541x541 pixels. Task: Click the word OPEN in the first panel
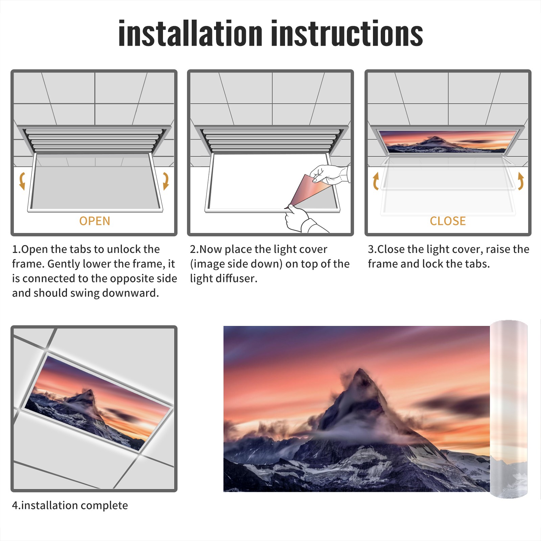pos(95,221)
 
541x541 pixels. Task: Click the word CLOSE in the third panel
pos(448,221)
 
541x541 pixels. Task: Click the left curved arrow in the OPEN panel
pos(21,181)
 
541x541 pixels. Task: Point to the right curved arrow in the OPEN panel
pos(166,181)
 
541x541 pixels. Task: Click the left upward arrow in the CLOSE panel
pos(375,181)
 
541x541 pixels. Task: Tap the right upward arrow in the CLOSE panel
pos(521,181)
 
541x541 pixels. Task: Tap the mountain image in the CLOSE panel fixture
pos(448,141)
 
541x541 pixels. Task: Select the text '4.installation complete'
pos(70,505)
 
